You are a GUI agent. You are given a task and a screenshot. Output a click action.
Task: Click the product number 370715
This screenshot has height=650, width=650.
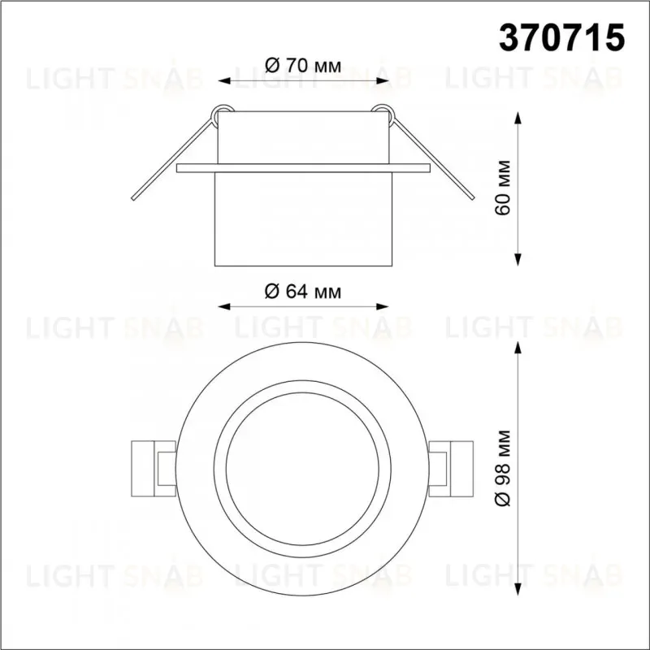pos(561,37)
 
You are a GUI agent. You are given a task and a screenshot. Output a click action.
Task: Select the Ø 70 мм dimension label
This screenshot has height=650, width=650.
pos(303,66)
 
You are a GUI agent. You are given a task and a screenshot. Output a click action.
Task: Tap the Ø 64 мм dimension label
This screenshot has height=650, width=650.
pos(303,292)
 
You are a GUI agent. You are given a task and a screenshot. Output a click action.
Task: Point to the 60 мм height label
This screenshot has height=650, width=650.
pos(502,188)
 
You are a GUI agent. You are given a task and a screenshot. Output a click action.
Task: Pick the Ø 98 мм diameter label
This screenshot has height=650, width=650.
pos(502,469)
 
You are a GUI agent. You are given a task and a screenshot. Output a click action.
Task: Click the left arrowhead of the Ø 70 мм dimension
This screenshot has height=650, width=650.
pos(224,80)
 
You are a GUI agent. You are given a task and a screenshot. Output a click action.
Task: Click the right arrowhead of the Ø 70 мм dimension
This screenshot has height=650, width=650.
pos(382,80)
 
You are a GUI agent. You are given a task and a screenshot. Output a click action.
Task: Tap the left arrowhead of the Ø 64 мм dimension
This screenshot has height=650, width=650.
pos(224,307)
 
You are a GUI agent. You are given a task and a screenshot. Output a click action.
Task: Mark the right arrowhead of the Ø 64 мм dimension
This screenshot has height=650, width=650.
pos(382,307)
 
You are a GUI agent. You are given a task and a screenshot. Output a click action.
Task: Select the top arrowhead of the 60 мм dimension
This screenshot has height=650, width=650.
pos(518,118)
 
